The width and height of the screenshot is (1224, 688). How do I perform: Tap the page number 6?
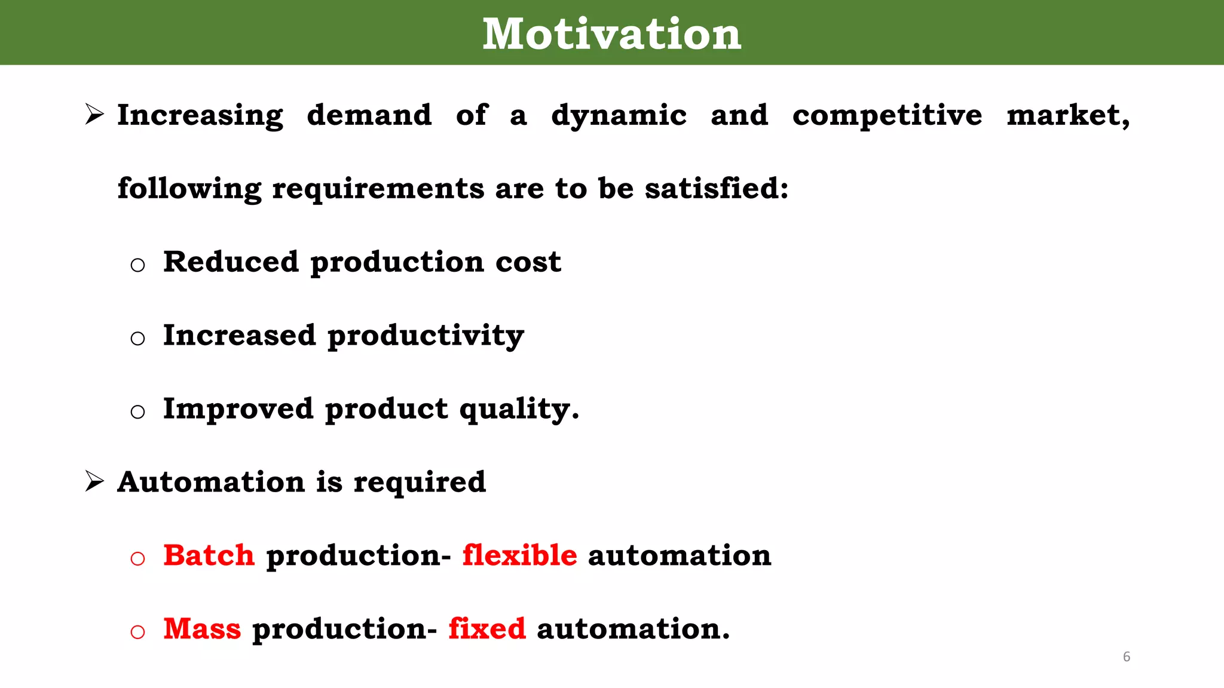point(1127,656)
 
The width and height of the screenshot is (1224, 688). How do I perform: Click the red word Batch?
point(209,555)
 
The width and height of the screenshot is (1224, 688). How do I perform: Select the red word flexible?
point(519,555)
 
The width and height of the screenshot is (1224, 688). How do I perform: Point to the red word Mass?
point(202,629)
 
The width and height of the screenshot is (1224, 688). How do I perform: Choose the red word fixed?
point(487,629)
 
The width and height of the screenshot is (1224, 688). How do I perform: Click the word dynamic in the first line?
point(619,116)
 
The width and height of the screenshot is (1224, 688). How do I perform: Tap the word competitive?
point(887,115)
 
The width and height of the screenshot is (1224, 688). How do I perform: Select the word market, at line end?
point(1068,115)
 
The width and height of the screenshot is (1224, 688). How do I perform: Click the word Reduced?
point(231,262)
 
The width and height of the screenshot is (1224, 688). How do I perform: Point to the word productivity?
point(426,336)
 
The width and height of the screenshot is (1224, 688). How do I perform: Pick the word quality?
point(519,410)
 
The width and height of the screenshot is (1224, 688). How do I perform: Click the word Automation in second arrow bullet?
point(211,482)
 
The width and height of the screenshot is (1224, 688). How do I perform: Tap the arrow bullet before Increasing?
point(94,114)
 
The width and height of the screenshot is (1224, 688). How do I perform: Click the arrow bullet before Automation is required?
point(94,481)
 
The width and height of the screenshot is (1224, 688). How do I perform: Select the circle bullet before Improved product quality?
point(137,411)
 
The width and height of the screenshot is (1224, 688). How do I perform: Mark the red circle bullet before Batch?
point(137,558)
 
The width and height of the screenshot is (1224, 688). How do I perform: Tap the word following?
point(189,189)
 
